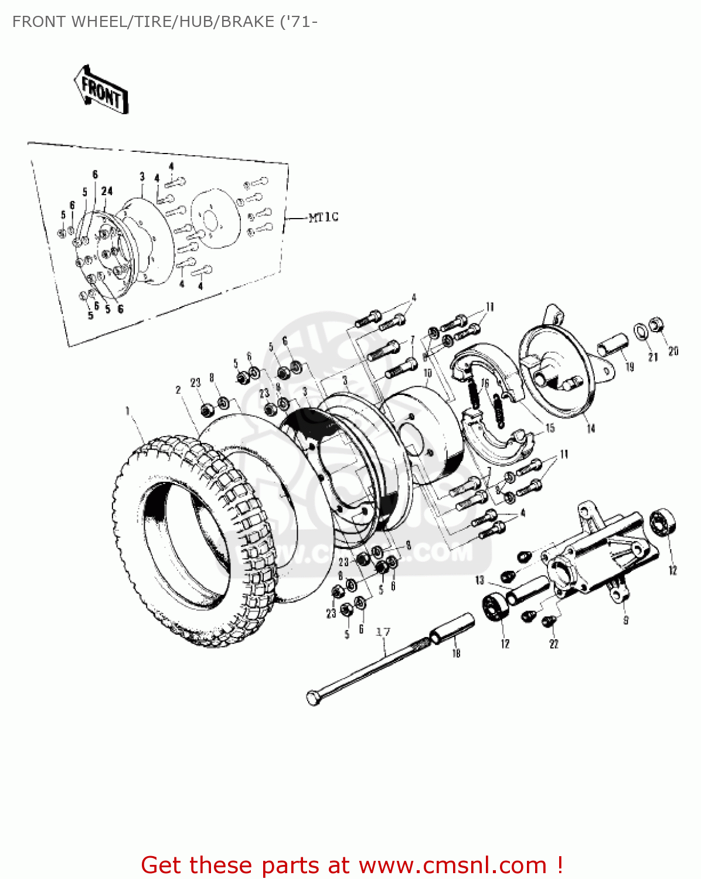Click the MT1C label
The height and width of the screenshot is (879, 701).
(x=324, y=217)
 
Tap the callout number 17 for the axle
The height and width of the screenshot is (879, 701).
(x=383, y=632)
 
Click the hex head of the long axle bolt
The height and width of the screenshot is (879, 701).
(x=314, y=697)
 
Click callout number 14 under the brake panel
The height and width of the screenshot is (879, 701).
(x=591, y=428)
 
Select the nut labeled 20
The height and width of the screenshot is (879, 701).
(x=656, y=323)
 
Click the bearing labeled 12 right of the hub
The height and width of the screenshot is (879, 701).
(x=662, y=522)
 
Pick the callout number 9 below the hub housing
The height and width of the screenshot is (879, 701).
(x=625, y=619)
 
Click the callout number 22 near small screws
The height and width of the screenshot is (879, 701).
(x=554, y=643)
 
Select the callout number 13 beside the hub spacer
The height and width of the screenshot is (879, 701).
(x=479, y=580)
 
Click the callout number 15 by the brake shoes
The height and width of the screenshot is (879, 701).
(x=550, y=428)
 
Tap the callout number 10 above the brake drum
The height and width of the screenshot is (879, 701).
(x=427, y=373)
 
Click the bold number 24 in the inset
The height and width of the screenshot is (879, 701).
(x=107, y=191)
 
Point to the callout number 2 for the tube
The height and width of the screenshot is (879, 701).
(x=178, y=390)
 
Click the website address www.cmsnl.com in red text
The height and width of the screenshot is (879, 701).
(x=452, y=865)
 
